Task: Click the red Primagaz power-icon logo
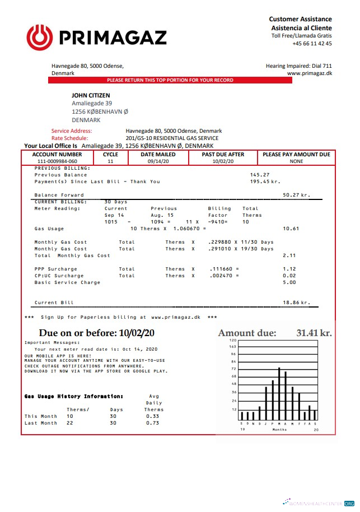[x=39, y=38]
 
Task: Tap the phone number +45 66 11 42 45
[x=312, y=44]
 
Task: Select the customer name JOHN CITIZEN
[x=91, y=96]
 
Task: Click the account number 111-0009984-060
[x=57, y=161]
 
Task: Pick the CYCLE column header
[x=110, y=154]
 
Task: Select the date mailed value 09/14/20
[x=158, y=161]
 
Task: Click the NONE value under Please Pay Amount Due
[x=296, y=161]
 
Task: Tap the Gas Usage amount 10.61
[x=291, y=229]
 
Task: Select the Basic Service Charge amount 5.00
[x=289, y=282]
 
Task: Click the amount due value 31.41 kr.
[x=314, y=333]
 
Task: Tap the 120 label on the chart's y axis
[x=233, y=341]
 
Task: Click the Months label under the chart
[x=279, y=430]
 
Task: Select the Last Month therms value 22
[x=70, y=423]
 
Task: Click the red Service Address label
[x=71, y=131]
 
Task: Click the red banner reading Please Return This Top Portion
[x=170, y=80]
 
